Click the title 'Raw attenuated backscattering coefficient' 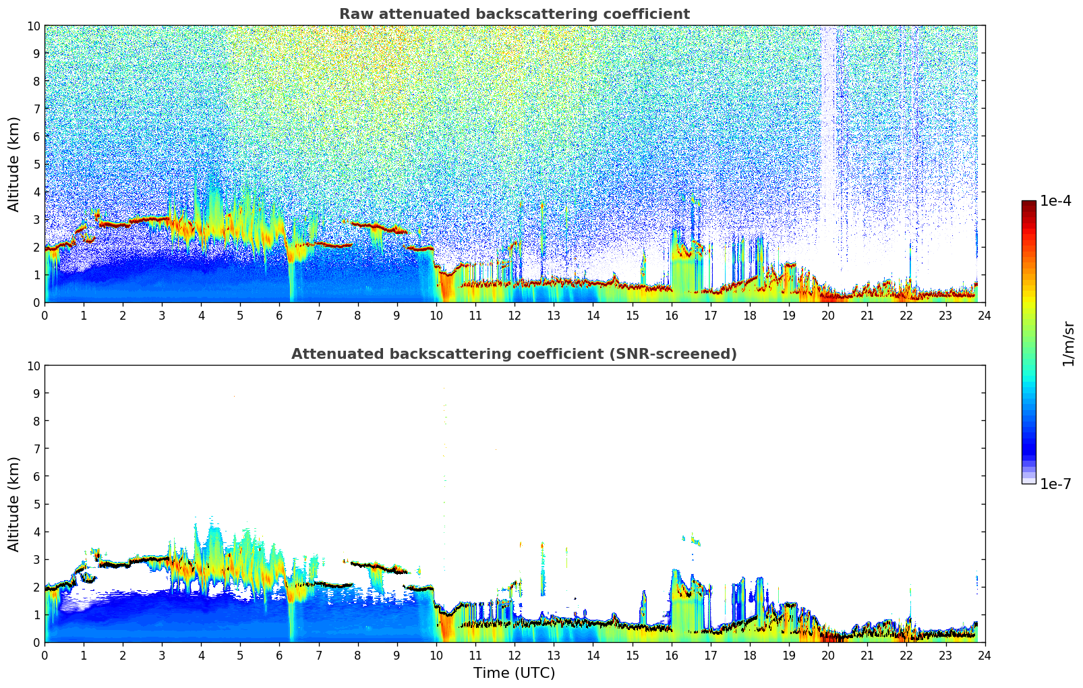coord(514,14)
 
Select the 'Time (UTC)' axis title coord(514,672)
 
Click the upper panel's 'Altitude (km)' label coord(14,164)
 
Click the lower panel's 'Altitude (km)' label coord(14,504)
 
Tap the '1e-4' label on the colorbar coord(1055,201)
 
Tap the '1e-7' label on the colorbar coord(1055,484)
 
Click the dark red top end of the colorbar coord(1028,204)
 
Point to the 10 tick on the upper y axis coord(34,26)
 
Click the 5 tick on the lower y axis coord(37,504)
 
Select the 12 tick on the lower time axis coord(515,655)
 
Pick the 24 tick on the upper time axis coord(985,315)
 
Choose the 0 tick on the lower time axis coord(45,655)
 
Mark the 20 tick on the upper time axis coord(828,315)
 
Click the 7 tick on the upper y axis coord(37,109)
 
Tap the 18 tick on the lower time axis coord(750,655)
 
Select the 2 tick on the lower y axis coord(37,587)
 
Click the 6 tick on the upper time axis coord(280,315)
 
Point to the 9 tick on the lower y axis coord(37,393)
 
